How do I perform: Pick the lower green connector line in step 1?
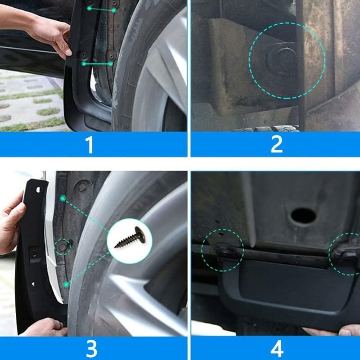pos(97,64)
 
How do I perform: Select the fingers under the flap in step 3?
pos(45,328)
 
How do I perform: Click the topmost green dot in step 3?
pos(63,198)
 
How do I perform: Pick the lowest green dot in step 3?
pos(67,284)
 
